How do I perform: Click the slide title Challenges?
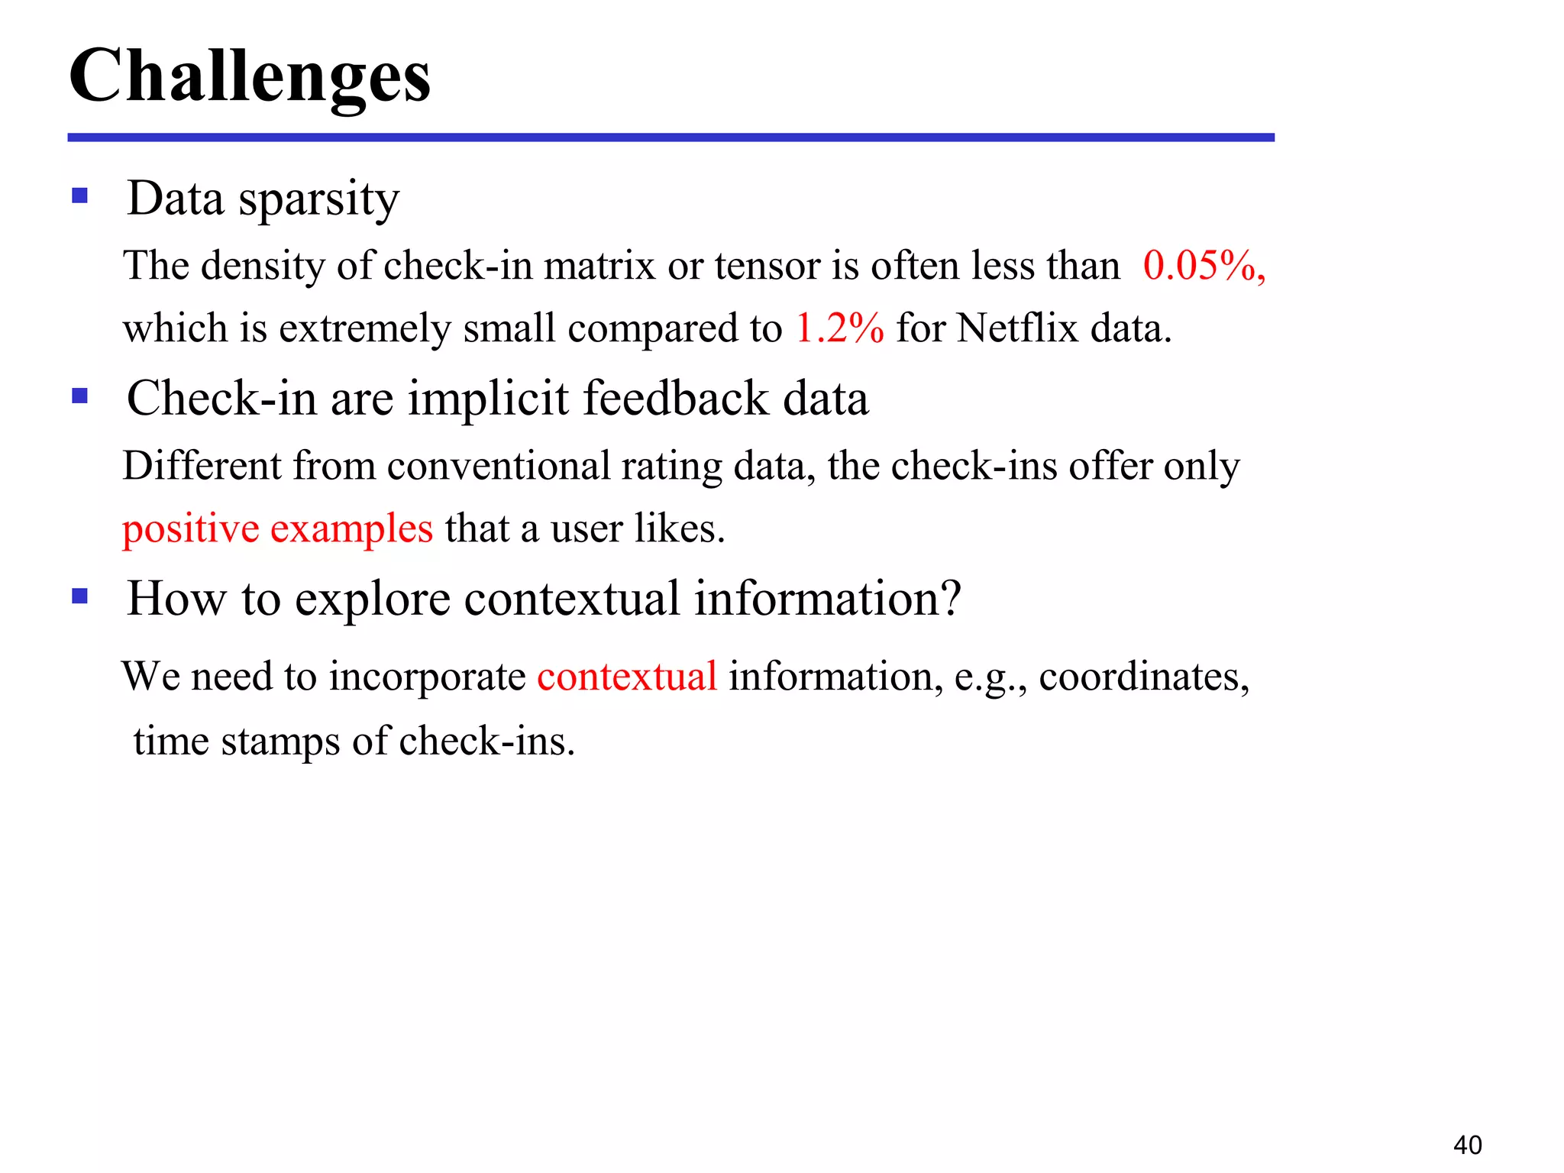(250, 76)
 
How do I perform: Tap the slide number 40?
(1467, 1145)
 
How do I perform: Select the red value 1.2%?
(839, 328)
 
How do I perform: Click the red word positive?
(191, 528)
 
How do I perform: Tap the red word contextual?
(627, 677)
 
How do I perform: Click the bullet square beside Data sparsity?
(80, 196)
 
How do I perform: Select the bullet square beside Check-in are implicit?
(80, 396)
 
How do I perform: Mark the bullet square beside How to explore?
(80, 596)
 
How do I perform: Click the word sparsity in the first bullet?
(318, 200)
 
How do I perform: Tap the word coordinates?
(1143, 677)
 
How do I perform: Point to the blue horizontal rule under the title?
(671, 137)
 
